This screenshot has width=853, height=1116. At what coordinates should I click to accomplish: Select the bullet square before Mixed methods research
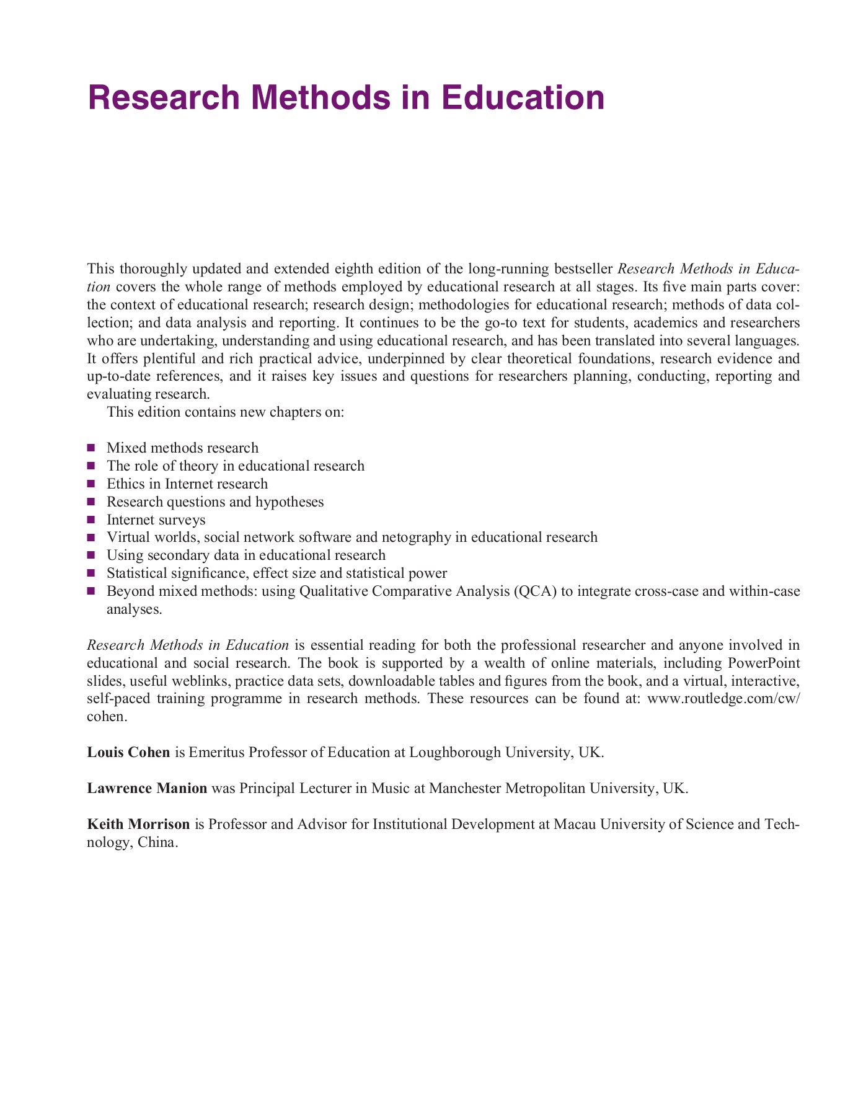(91, 448)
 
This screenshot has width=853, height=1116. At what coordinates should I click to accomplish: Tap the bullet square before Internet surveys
(91, 519)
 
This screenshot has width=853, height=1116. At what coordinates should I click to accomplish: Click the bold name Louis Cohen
(128, 753)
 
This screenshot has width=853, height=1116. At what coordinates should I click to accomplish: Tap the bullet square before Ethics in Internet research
(91, 484)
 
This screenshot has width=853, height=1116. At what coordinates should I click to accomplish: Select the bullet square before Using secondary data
(91, 555)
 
